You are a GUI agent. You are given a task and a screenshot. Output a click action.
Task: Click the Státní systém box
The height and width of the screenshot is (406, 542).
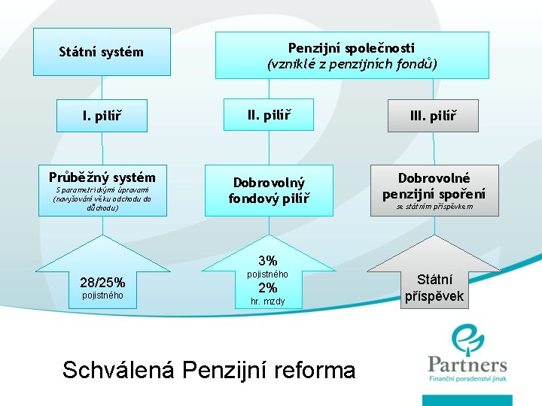pos(102,52)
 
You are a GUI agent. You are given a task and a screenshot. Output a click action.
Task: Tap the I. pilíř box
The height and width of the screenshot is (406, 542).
pos(102,116)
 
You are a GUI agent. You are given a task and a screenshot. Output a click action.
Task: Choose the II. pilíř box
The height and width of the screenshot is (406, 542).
pos(269,115)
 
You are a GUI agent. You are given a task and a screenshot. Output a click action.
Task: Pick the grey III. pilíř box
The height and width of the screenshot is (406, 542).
pos(434,116)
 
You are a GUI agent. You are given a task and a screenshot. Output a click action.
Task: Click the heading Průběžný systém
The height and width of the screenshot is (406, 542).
pos(102,177)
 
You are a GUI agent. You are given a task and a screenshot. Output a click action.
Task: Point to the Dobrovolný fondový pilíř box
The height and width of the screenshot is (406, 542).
pos(269,190)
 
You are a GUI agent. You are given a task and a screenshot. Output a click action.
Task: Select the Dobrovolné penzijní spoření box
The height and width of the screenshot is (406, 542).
pos(434,185)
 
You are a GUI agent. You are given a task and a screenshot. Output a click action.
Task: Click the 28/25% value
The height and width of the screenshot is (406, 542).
pos(102,283)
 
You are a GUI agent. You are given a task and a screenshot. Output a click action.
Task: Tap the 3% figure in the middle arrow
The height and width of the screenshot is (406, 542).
pos(268,260)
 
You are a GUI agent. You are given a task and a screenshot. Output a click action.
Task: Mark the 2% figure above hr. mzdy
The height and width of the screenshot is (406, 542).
pos(268,288)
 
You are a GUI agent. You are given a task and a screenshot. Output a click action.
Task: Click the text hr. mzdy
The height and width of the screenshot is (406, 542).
pos(268,301)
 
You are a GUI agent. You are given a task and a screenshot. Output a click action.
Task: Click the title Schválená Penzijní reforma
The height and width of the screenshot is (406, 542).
pos(209,370)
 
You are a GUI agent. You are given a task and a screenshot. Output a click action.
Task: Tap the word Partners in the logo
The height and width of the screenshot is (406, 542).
pos(467,365)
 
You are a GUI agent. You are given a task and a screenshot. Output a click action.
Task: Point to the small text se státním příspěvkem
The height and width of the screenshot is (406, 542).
pos(435,206)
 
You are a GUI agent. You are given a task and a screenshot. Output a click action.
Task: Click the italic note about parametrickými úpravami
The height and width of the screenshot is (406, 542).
pos(102,199)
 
